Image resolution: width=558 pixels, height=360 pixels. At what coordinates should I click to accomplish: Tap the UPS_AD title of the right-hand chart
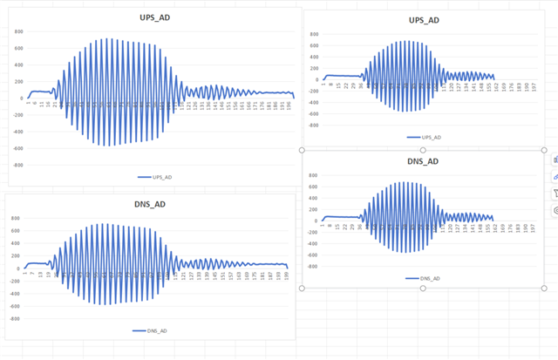click(423, 20)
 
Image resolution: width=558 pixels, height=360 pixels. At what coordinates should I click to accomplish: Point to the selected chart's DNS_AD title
click(423, 161)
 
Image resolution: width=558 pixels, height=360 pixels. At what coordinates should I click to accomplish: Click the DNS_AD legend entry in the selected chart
click(423, 278)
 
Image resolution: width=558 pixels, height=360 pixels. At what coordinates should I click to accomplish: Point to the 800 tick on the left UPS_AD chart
click(18, 31)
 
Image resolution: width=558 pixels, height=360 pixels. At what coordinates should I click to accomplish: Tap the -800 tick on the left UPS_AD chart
click(17, 165)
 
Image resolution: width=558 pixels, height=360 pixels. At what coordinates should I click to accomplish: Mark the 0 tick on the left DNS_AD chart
click(17, 268)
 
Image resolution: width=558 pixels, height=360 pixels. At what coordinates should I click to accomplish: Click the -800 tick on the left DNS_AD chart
click(15, 319)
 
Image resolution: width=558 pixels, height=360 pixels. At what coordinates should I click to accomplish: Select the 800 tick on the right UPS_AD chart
click(315, 35)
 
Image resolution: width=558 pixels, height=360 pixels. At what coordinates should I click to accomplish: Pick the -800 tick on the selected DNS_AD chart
click(313, 266)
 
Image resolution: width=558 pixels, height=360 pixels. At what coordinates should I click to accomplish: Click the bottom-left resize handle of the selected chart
click(302, 288)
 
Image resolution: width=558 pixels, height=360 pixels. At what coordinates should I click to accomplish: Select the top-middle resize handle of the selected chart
click(423, 148)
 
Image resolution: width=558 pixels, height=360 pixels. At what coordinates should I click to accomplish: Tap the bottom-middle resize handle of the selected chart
click(423, 288)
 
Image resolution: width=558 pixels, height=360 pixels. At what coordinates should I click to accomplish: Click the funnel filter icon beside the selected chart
click(555, 194)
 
